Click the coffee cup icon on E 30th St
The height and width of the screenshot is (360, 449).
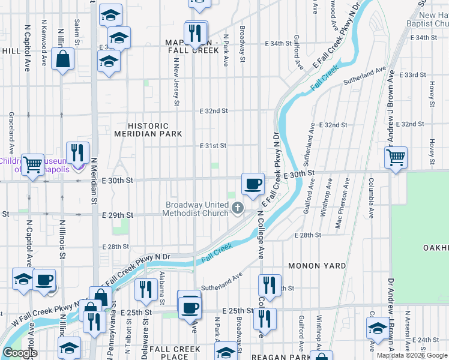point(253,183)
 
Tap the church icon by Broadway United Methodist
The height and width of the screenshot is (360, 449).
point(238,209)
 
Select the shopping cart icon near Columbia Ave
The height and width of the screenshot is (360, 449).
point(396,158)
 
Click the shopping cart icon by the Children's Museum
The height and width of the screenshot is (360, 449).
point(32,163)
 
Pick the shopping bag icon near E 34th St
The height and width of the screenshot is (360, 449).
point(62,59)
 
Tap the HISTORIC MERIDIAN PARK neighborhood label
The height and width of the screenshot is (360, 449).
point(148,130)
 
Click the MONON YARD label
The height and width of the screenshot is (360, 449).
point(317,265)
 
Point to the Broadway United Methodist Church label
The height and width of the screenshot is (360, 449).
point(197,209)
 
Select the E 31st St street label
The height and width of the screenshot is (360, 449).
point(213,146)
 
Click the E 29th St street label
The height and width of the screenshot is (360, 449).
point(117,215)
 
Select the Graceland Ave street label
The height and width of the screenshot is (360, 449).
point(11,132)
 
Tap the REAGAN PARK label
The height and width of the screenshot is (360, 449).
point(280,356)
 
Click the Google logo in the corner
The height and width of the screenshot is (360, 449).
point(20,353)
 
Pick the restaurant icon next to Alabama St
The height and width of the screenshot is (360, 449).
point(145,289)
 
